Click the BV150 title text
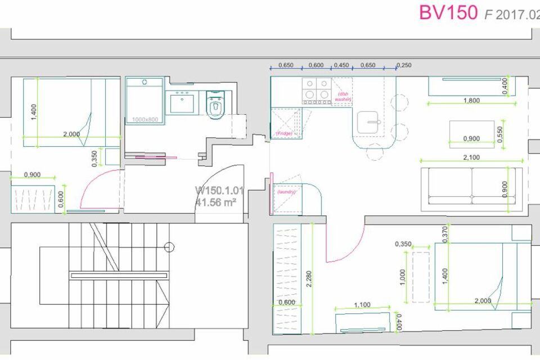point(448,12)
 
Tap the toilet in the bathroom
point(215,105)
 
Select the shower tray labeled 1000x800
point(144,101)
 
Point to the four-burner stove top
point(317,91)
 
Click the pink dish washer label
point(343,97)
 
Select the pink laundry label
point(287,192)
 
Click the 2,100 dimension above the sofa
point(471,158)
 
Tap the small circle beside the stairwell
point(170,246)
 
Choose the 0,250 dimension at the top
point(404,65)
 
